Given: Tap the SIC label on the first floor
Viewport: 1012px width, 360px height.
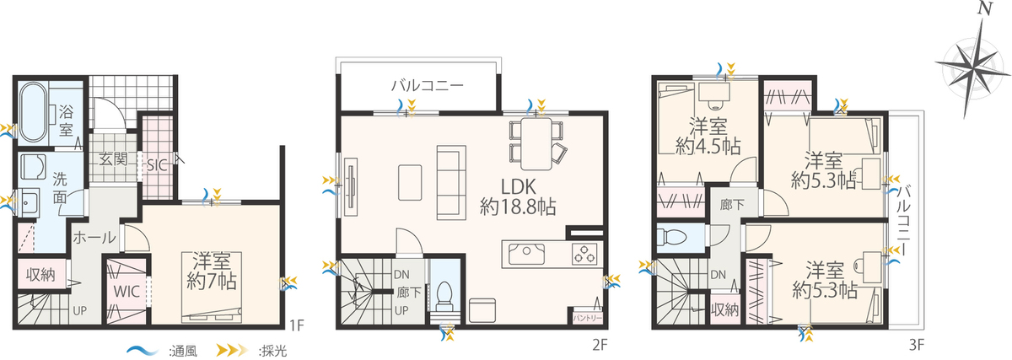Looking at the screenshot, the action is coord(157,165).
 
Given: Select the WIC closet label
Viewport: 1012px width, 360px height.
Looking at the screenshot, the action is coord(126,292).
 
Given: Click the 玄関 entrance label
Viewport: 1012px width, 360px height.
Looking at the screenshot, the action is coord(112,159).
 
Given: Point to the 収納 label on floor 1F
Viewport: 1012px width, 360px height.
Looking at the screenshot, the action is coord(40,274).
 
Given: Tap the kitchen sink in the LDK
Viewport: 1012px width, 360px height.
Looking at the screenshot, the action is coord(526,254).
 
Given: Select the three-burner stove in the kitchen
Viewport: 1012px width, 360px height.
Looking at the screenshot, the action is coord(584,254).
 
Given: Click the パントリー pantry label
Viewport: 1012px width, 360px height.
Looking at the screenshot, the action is coord(587,318).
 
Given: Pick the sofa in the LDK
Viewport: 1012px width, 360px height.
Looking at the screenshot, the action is coord(451,182).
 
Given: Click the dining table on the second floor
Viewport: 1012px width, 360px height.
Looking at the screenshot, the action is coord(536,143).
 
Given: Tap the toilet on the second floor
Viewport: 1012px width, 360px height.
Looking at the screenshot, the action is coord(444,296).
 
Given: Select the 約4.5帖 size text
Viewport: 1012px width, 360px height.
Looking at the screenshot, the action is coord(708,147).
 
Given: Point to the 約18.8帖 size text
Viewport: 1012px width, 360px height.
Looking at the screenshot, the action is coord(518,207).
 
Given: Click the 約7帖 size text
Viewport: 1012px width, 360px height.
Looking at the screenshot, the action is coord(212,282).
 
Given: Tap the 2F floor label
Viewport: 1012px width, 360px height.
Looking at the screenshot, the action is coord(600,345).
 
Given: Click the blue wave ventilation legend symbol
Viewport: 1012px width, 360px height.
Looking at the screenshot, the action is coord(143,351).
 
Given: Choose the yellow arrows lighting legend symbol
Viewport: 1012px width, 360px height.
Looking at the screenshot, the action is coord(232,350).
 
